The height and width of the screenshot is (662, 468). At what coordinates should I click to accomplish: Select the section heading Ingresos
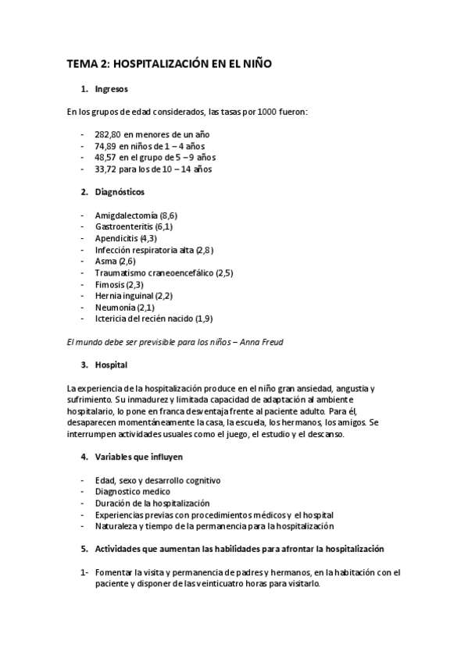pos(112,90)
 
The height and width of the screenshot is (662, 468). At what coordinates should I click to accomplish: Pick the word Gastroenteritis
pos(123,226)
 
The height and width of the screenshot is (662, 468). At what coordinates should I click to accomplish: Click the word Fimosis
pos(109,284)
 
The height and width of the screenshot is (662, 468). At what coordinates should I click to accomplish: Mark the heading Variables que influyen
pos(139,457)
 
